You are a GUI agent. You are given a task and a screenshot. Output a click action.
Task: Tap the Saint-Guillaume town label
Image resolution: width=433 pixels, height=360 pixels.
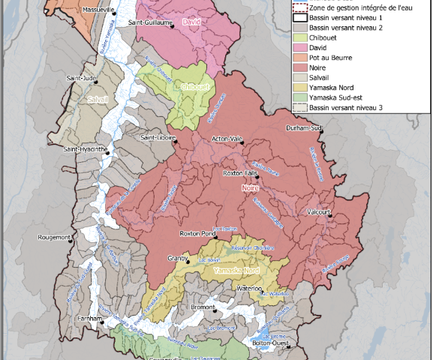click(150, 22)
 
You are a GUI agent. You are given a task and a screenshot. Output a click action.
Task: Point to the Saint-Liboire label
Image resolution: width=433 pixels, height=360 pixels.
click(158, 137)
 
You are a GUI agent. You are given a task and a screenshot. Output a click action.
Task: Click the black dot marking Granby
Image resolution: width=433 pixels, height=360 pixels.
click(188, 262)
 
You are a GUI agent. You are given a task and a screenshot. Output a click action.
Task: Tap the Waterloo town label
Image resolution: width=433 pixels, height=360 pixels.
click(248, 288)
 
